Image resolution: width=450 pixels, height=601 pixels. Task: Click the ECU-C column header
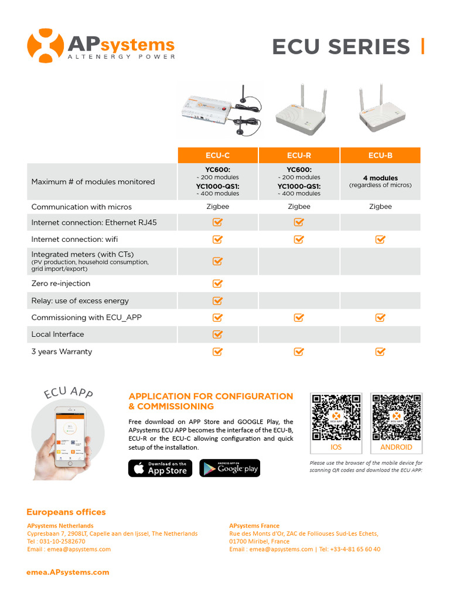[217, 156]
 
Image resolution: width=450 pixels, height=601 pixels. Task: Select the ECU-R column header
[299, 156]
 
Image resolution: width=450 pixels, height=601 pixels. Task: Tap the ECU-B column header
[380, 156]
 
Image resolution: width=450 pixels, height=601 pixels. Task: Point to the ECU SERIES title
[341, 47]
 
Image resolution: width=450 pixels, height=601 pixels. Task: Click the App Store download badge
[160, 468]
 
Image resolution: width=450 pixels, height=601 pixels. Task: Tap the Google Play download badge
[230, 468]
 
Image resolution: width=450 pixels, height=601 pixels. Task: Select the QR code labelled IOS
[336, 417]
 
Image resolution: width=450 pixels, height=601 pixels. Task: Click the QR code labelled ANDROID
[396, 417]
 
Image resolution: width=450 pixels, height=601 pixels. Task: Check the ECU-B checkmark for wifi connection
[380, 239]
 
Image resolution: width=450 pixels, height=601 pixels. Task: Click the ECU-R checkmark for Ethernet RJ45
[299, 222]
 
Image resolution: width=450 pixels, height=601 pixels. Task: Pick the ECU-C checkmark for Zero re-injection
[217, 283]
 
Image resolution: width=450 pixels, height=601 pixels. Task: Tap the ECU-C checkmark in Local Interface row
[217, 334]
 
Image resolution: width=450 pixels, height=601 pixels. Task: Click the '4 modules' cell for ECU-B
[380, 181]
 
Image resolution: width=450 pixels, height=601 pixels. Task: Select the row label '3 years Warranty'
[62, 352]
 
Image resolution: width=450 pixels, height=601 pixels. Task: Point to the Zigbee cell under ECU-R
[299, 207]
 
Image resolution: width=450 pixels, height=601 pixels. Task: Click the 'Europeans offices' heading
[66, 512]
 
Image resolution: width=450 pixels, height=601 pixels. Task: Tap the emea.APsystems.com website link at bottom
[68, 572]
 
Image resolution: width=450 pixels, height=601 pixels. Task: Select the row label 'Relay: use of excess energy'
[80, 300]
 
